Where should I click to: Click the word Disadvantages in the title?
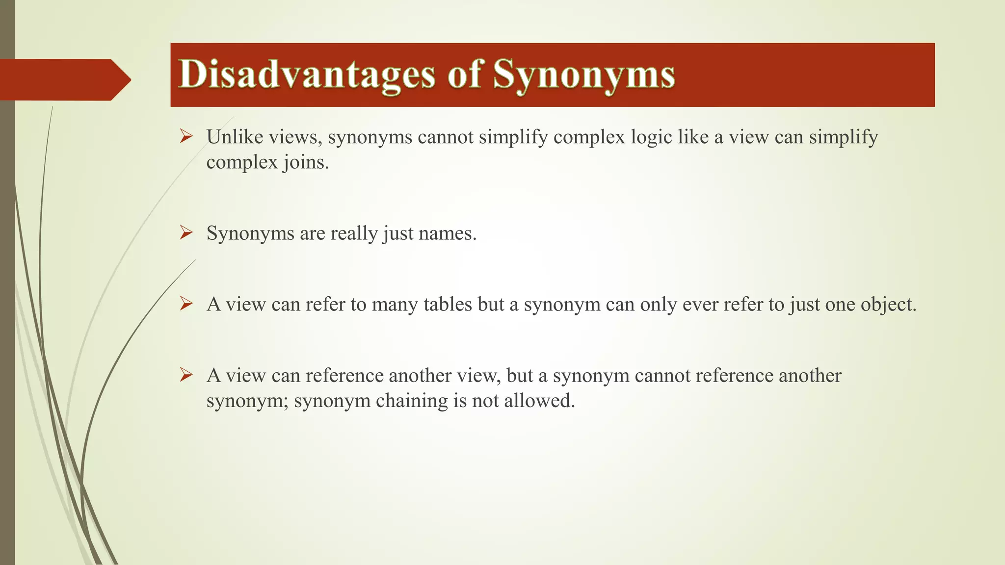pyautogui.click(x=307, y=75)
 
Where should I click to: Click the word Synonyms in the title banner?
pyautogui.click(x=584, y=75)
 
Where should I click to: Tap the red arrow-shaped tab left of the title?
pyautogui.click(x=64, y=79)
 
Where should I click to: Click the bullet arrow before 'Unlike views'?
pyautogui.click(x=186, y=136)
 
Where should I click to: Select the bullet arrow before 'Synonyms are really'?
pyautogui.click(x=186, y=232)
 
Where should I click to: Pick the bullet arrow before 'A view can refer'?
pyautogui.click(x=186, y=304)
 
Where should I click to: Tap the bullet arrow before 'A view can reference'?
pyautogui.click(x=186, y=375)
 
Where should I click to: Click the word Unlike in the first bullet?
pyautogui.click(x=235, y=137)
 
